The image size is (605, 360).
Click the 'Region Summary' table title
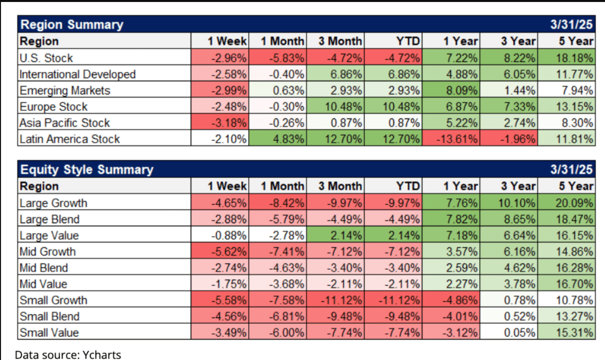(x=71, y=24)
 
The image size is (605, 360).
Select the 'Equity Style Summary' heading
(x=86, y=170)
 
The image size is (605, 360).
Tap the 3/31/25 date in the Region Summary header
(x=572, y=24)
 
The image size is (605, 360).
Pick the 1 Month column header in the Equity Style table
(x=282, y=186)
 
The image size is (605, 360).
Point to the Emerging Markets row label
(x=64, y=90)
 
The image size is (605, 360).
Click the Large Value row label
(x=49, y=235)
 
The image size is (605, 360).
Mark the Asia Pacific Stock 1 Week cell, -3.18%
(x=227, y=123)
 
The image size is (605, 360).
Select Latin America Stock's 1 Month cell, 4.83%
(x=284, y=139)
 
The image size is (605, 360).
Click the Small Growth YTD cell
(x=400, y=300)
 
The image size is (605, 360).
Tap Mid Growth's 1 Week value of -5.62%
(x=227, y=251)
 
